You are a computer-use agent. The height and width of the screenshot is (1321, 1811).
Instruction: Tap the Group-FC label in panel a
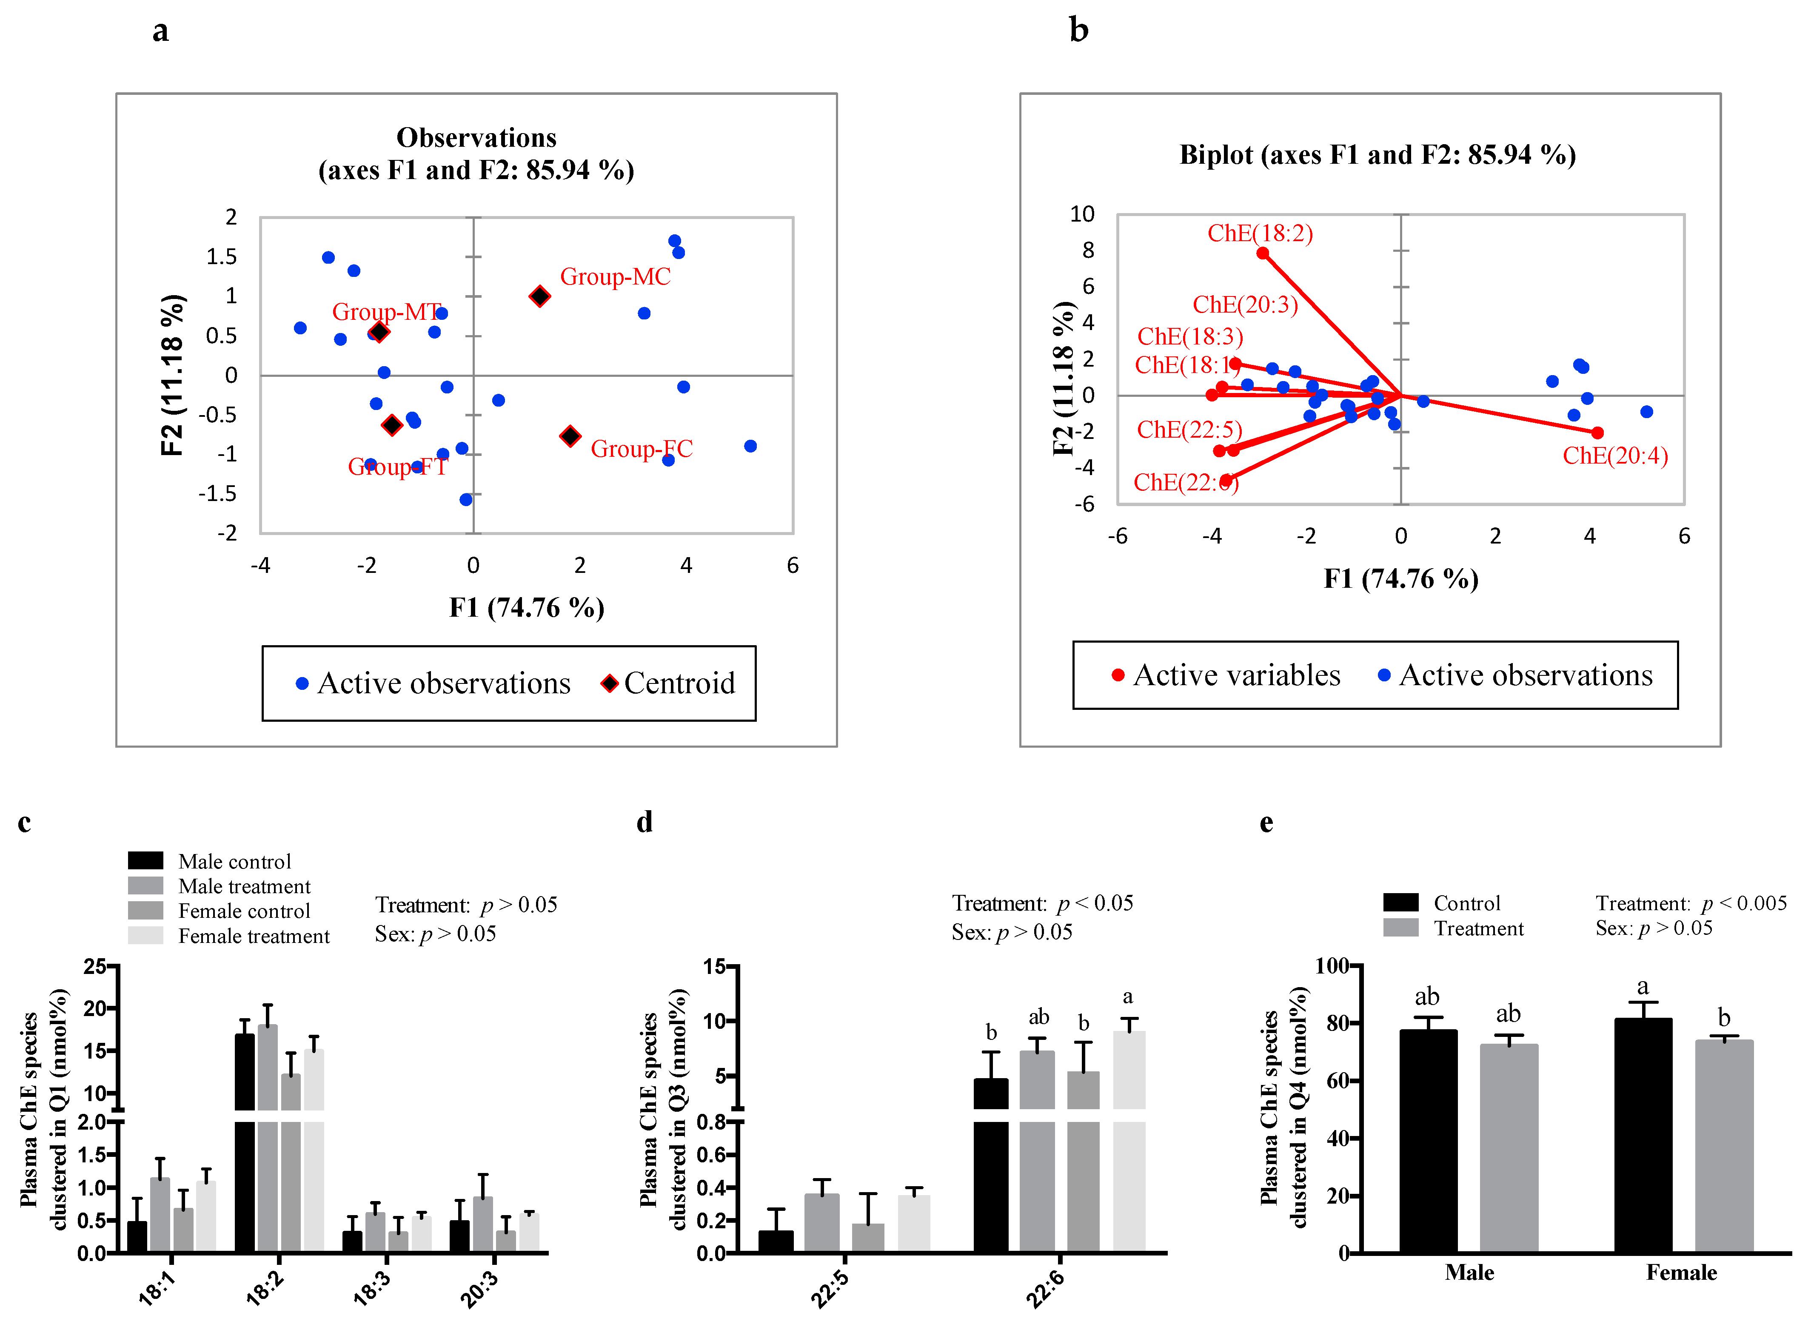pos(642,449)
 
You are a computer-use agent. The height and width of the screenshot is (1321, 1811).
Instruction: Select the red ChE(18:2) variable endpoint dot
pos(1262,253)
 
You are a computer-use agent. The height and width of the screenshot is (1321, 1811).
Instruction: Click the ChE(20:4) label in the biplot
pos(1615,456)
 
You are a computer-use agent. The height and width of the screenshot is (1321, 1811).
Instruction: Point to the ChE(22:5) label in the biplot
pos(1189,430)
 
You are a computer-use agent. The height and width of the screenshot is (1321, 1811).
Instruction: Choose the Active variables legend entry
pos(1226,676)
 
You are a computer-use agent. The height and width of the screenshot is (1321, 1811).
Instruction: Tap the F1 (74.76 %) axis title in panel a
pos(526,608)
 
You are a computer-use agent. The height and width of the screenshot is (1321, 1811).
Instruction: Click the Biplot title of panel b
pos(1378,154)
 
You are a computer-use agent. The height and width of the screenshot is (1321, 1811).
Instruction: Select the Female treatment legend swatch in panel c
pos(145,936)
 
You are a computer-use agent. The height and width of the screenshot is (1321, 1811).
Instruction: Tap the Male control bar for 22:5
pos(776,1241)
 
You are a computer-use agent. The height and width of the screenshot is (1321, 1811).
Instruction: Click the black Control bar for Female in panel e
pos(1643,1136)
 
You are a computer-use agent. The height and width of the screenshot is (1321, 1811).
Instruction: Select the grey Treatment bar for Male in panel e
pos(1509,1147)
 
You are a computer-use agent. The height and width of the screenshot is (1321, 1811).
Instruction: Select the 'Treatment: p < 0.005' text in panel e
pos(1690,904)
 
